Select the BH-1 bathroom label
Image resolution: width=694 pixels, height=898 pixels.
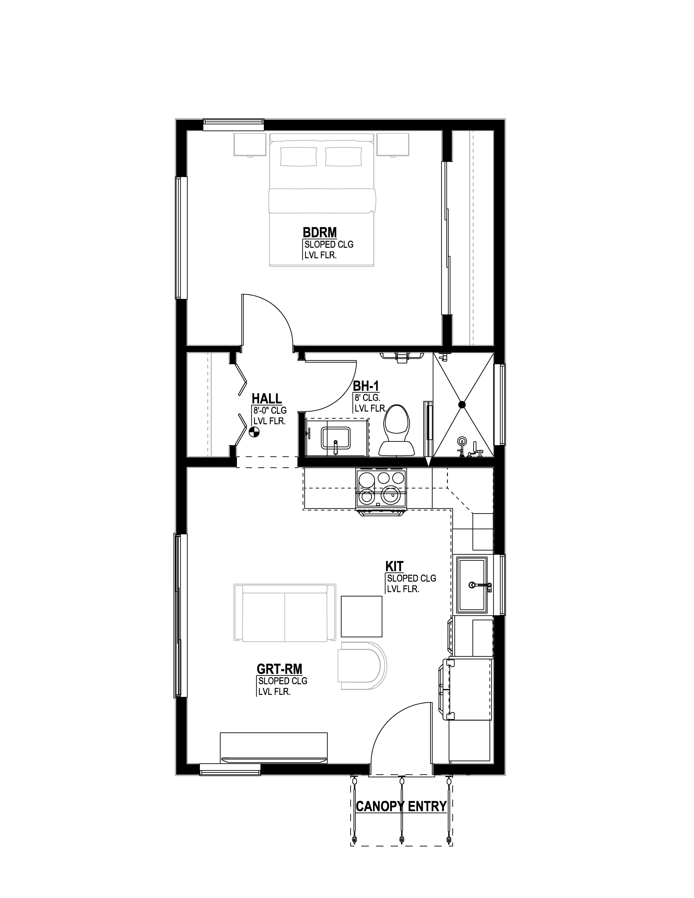tap(366, 386)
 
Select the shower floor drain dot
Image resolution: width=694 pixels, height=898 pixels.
tap(462, 405)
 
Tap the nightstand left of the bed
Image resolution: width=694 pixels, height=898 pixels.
tap(250, 144)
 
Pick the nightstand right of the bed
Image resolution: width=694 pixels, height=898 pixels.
tap(393, 144)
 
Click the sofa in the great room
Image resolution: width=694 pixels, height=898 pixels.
tap(285, 612)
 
